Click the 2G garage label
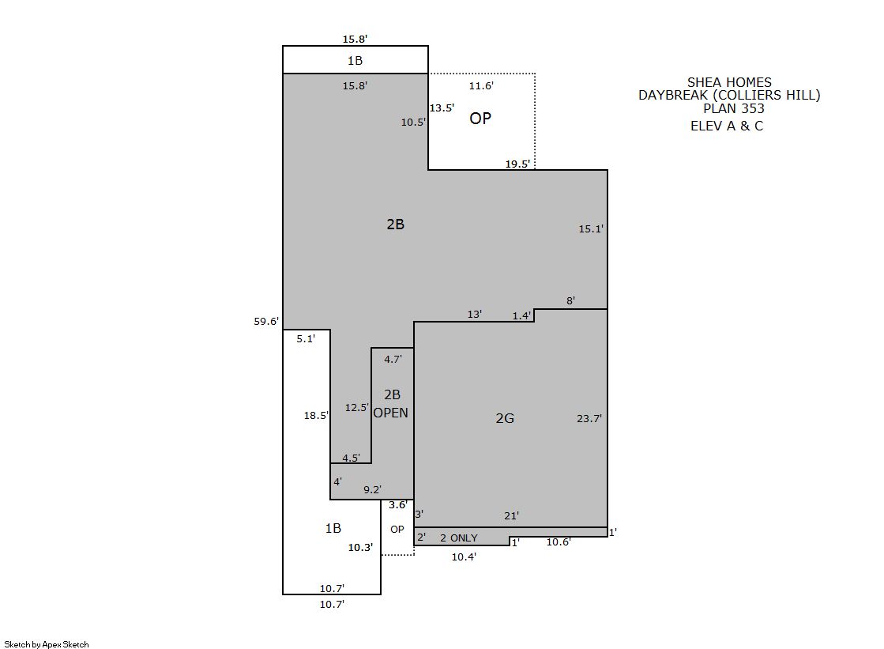point(505,418)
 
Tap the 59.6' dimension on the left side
point(266,321)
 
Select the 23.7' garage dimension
point(589,418)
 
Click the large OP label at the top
point(480,118)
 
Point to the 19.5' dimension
point(517,164)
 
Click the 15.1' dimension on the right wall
point(591,228)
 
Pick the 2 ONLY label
point(458,538)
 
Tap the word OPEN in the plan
point(391,413)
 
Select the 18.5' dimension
point(316,415)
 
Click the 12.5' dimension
point(357,407)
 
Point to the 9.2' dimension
point(372,489)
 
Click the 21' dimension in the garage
point(511,515)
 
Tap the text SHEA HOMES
point(729,82)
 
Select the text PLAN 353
point(733,108)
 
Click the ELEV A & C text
point(727,126)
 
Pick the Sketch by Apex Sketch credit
point(47,644)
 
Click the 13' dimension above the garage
point(475,314)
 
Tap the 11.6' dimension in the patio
point(481,86)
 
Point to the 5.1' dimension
point(306,338)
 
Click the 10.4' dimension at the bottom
point(464,557)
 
